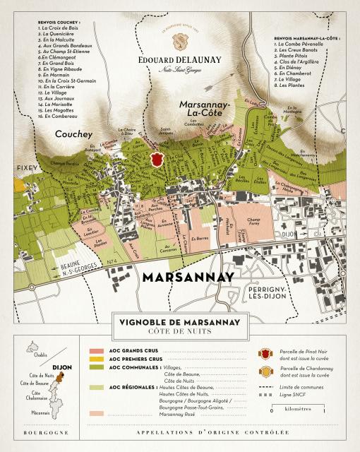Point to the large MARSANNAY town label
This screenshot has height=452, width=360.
188,277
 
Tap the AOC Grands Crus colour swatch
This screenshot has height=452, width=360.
96,350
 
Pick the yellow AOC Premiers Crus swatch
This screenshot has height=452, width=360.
96,359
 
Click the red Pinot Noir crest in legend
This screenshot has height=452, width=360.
265,354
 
